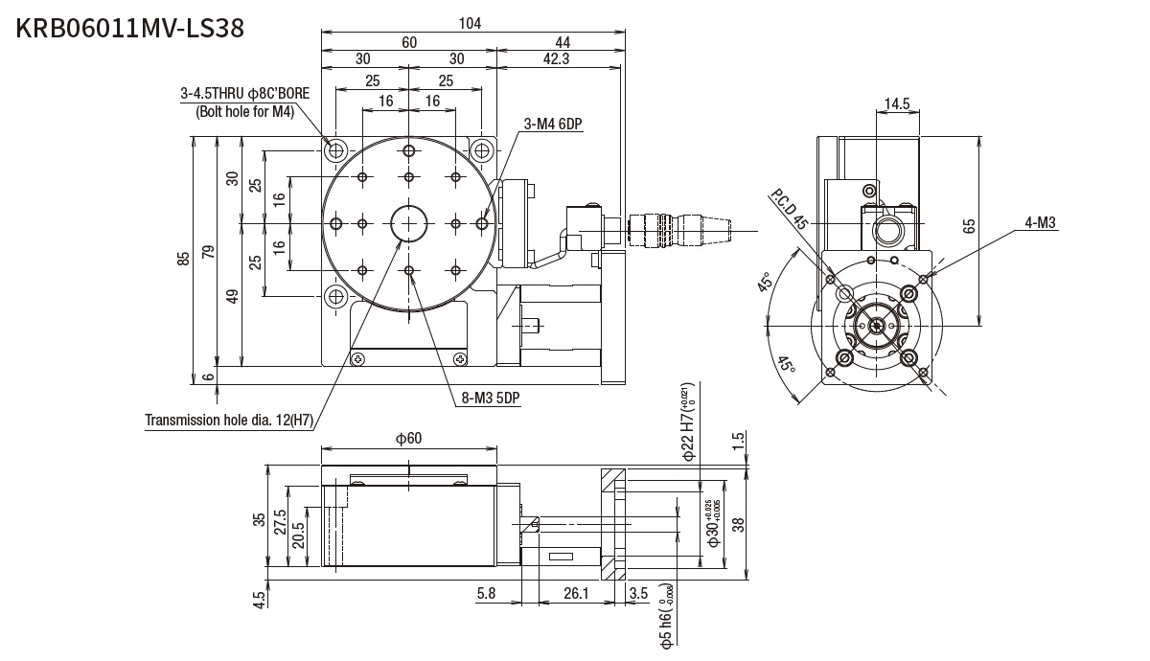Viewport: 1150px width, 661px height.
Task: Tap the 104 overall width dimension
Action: [x=471, y=23]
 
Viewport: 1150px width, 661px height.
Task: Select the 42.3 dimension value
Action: [x=556, y=59]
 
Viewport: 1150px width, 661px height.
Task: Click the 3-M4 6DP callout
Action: [x=553, y=124]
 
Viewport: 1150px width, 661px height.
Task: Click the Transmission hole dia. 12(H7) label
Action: [x=229, y=420]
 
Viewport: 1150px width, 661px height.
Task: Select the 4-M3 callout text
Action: [x=1040, y=223]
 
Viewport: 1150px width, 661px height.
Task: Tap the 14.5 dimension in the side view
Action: [x=897, y=103]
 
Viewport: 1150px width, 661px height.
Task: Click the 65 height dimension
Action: [x=969, y=227]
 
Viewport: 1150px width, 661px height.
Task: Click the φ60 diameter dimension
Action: [x=409, y=438]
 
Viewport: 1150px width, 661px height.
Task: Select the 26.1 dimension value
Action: [x=575, y=595]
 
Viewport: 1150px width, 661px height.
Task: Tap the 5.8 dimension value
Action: [x=486, y=595]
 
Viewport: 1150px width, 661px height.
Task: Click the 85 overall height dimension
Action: [x=183, y=260]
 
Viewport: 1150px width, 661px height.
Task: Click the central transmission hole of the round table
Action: [x=410, y=223]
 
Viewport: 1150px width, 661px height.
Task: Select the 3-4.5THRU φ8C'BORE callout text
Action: [x=244, y=94]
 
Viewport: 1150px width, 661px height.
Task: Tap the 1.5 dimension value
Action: [x=738, y=441]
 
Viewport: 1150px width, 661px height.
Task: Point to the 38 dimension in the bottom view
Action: [x=737, y=523]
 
